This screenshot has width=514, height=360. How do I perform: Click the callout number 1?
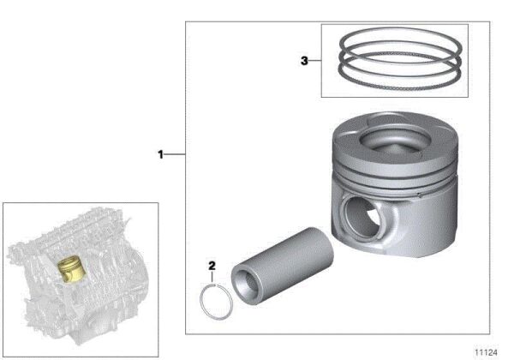tap(159, 154)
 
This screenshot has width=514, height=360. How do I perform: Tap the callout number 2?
tap(211, 265)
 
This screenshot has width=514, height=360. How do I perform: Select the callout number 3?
tap(304, 61)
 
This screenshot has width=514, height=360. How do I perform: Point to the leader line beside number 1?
tap(175, 154)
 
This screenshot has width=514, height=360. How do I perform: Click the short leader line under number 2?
tap(212, 278)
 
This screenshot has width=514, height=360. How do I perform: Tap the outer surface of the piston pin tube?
tap(291, 258)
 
